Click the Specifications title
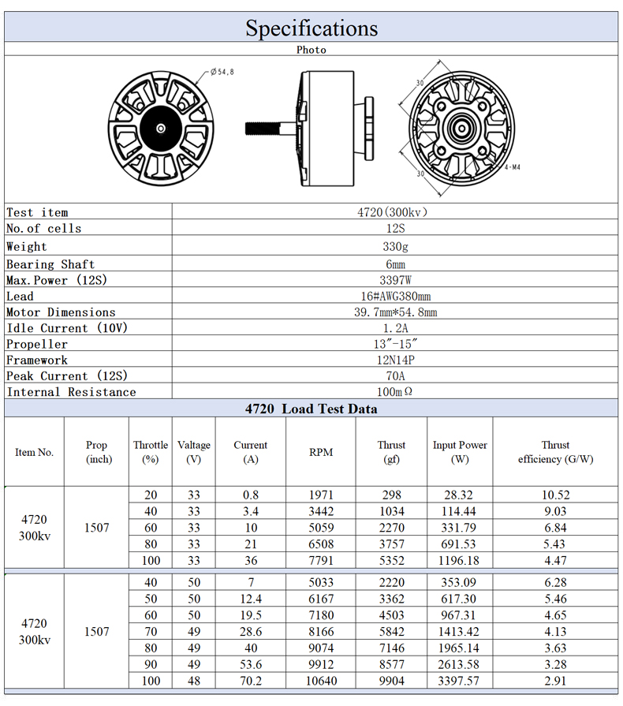[x=311, y=28]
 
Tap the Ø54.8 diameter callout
[x=222, y=72]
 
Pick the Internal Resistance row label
[x=71, y=392]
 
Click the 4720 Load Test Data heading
[x=311, y=409]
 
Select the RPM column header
[x=321, y=452]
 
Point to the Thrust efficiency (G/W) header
[x=555, y=452]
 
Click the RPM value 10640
[x=321, y=681]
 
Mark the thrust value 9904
[x=391, y=681]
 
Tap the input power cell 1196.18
[x=460, y=561]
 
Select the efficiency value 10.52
[x=555, y=495]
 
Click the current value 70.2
[x=250, y=681]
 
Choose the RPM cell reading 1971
[x=321, y=495]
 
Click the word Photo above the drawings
[x=311, y=50]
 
